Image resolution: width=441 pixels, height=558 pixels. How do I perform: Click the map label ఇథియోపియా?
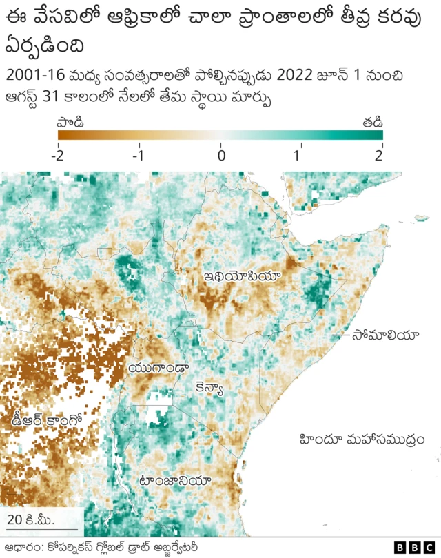pyautogui.click(x=242, y=276)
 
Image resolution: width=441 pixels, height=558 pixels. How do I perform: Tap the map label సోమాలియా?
pyautogui.click(x=385, y=335)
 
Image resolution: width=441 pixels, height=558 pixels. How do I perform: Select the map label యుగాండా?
pyautogui.click(x=158, y=366)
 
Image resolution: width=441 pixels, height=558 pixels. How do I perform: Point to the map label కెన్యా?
pyautogui.click(x=209, y=388)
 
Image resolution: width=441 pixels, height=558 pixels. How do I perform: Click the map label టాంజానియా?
pyautogui.click(x=175, y=480)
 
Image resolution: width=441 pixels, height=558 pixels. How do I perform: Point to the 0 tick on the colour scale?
pyautogui.click(x=220, y=156)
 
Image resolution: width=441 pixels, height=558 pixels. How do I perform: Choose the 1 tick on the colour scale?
pyautogui.click(x=297, y=156)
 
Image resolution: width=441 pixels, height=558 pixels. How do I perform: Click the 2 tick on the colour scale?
pyautogui.click(x=378, y=156)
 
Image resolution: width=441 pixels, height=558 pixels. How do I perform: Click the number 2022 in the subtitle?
pyautogui.click(x=286, y=74)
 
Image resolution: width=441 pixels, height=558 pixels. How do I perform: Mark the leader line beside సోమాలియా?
pyautogui.click(x=340, y=335)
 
